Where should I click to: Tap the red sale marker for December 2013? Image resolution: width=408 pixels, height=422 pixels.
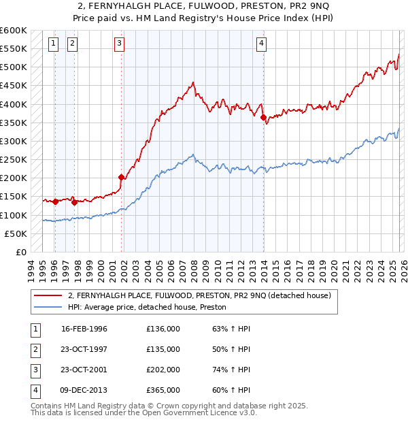click(x=263, y=117)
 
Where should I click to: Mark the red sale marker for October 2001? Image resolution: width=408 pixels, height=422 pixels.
click(x=122, y=177)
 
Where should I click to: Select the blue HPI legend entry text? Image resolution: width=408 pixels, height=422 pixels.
click(x=147, y=308)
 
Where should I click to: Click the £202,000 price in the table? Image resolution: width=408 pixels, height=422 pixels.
click(x=163, y=370)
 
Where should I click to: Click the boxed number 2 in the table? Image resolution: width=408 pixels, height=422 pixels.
click(x=33, y=350)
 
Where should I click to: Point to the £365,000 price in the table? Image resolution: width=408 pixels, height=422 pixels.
click(x=163, y=390)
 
